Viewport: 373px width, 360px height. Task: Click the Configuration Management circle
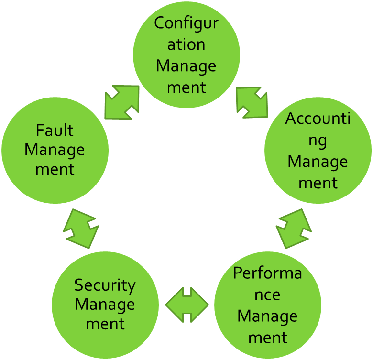click(186, 55)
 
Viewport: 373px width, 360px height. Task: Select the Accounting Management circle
click(318, 150)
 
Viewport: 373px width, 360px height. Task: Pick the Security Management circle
click(105, 305)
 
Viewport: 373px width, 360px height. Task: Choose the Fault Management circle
click(55, 150)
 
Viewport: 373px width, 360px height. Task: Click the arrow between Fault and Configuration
click(122, 102)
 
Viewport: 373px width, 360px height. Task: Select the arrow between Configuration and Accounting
click(252, 102)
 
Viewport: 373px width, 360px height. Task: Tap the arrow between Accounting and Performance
click(294, 229)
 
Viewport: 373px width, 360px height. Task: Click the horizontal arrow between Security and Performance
click(187, 305)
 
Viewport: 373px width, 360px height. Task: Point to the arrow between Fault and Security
click(81, 229)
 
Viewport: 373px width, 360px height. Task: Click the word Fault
click(55, 130)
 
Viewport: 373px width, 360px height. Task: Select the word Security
click(105, 285)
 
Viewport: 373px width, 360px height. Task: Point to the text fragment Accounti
click(318, 119)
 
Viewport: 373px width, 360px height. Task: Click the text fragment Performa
click(268, 273)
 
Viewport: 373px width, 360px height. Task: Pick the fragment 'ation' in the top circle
click(186, 44)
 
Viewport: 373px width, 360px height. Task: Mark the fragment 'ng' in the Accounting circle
click(318, 140)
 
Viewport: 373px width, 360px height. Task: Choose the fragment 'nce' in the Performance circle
click(268, 295)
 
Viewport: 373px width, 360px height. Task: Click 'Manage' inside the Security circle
click(105, 304)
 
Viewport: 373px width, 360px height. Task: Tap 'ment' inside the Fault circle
click(55, 169)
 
